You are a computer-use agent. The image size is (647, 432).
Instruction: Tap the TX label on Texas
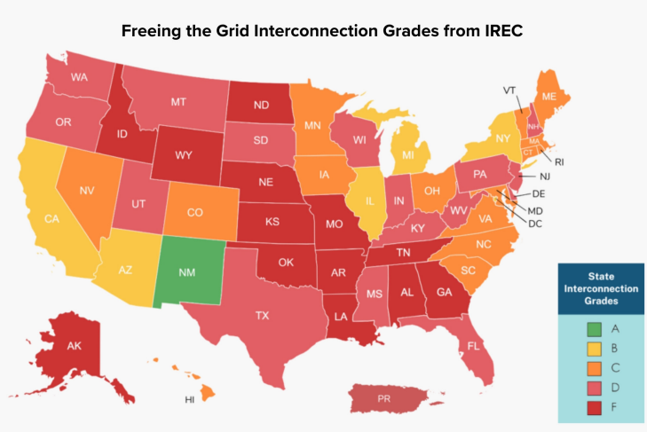pos(263,315)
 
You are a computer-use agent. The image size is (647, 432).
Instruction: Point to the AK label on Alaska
pos(75,346)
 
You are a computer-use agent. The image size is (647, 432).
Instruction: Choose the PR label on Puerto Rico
pos(384,399)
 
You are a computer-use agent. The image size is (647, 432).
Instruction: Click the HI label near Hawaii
pos(189,400)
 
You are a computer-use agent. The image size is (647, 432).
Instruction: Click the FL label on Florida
pos(474,346)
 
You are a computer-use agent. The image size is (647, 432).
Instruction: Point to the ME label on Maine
pos(549,96)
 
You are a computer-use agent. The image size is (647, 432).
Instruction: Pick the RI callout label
pos(559,162)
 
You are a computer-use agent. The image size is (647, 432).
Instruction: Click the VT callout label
pos(509,90)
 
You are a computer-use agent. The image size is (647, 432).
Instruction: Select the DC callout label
pos(535,224)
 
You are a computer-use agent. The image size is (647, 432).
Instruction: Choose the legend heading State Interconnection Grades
pos(599,289)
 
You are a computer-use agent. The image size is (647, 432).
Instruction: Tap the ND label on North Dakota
pos(262,104)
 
